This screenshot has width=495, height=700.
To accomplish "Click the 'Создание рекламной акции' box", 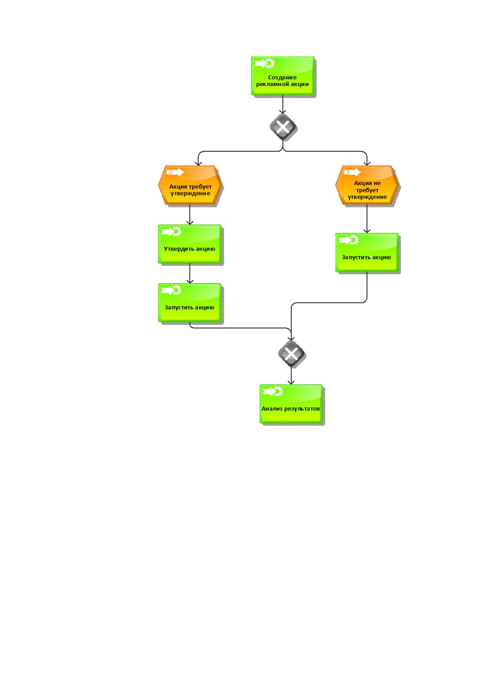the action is pyautogui.click(x=283, y=76).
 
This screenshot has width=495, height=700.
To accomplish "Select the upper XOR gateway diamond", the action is pyautogui.click(x=283, y=127).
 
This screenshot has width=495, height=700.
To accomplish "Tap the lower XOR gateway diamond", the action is pyautogui.click(x=291, y=354).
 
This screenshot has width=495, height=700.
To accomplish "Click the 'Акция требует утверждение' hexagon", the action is pyautogui.click(x=190, y=185).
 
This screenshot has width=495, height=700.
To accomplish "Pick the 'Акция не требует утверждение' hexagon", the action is pyautogui.click(x=367, y=185).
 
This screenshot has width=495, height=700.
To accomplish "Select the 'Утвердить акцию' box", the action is pyautogui.click(x=190, y=244).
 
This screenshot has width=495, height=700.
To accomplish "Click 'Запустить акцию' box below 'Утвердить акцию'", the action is pyautogui.click(x=190, y=303).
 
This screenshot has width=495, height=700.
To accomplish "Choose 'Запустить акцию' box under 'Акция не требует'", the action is pyautogui.click(x=367, y=252).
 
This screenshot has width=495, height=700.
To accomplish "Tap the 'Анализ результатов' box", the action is pyautogui.click(x=291, y=404).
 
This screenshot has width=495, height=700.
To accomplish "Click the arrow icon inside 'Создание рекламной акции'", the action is pyautogui.click(x=264, y=64).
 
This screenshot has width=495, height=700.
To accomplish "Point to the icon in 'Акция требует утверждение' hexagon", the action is pyautogui.click(x=175, y=172).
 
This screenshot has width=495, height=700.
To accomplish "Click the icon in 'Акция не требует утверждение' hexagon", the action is pyautogui.click(x=352, y=172).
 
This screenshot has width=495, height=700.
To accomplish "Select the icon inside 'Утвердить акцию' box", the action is pyautogui.click(x=171, y=232).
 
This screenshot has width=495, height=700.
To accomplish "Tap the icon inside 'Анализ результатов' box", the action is pyautogui.click(x=273, y=392).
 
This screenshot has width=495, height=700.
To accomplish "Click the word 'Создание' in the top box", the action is pyautogui.click(x=282, y=77).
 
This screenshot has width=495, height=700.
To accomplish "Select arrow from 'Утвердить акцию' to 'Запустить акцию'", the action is pyautogui.click(x=190, y=274).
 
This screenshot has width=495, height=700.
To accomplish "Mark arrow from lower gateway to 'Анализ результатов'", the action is pyautogui.click(x=291, y=376).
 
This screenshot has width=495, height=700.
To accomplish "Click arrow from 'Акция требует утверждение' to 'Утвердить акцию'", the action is pyautogui.click(x=190, y=214).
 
